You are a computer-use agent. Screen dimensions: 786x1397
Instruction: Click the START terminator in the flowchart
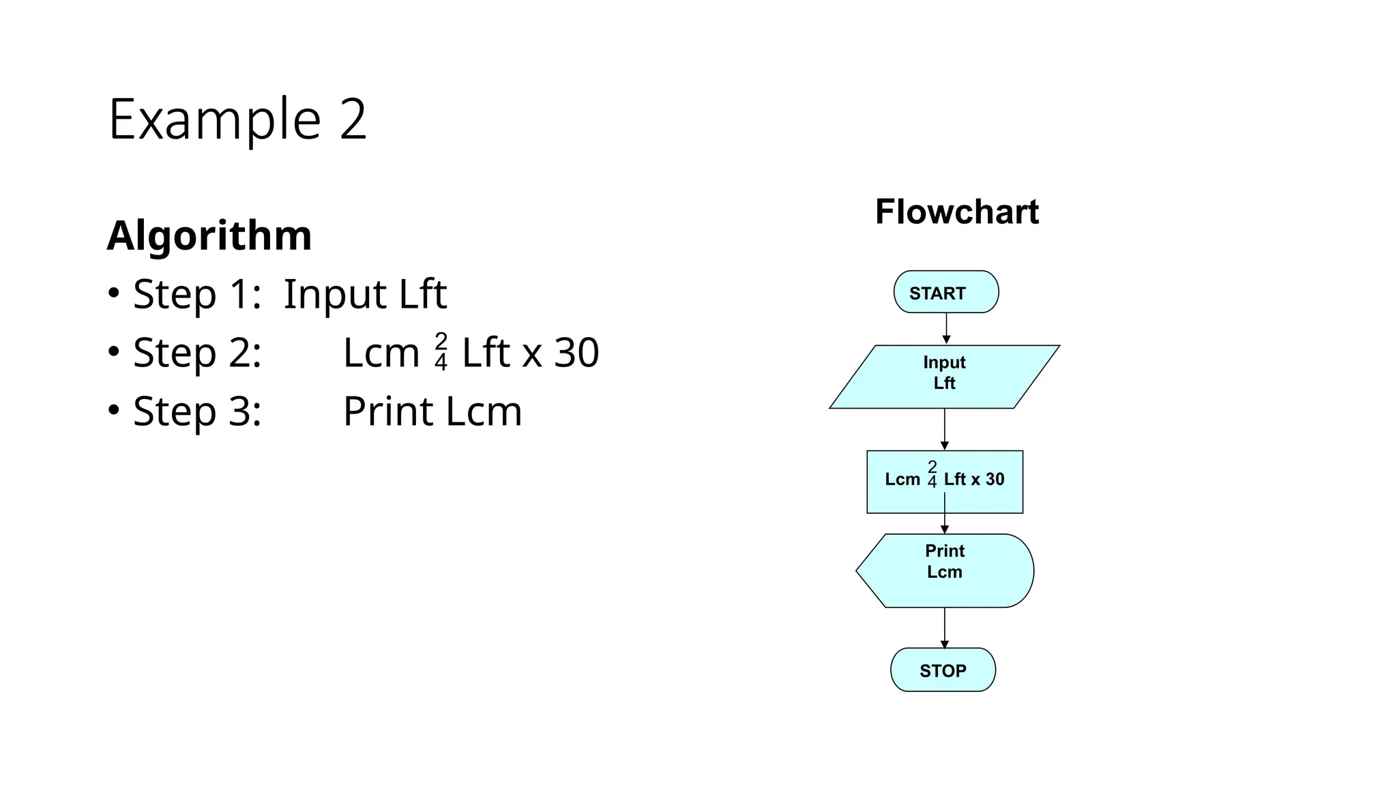coord(946,292)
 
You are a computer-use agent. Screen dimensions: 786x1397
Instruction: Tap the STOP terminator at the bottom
coord(943,670)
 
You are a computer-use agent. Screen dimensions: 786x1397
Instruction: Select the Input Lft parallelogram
coord(944,377)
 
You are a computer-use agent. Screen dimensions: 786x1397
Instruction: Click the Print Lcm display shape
coord(945,570)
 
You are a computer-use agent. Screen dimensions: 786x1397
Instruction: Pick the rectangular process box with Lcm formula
coord(945,481)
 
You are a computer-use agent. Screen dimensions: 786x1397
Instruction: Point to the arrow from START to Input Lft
coord(946,329)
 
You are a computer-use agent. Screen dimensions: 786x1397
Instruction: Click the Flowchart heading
coord(956,212)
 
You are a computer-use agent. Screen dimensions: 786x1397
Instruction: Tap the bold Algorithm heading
coord(209,235)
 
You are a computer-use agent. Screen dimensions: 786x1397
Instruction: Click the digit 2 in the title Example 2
coord(353,120)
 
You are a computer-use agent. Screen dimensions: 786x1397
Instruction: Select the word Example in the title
coord(214,120)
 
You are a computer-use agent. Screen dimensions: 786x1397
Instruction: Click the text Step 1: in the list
coord(197,294)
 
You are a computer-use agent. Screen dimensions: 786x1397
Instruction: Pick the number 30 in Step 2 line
coord(576,353)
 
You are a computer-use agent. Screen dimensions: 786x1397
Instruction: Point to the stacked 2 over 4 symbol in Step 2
coord(441,351)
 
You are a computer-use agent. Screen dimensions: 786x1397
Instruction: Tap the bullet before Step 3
coord(114,410)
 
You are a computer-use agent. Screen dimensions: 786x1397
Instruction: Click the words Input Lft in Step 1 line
coord(365,294)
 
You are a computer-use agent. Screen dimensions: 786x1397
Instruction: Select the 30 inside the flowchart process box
coord(995,480)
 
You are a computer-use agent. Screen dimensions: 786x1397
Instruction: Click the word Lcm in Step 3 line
coord(484,411)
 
